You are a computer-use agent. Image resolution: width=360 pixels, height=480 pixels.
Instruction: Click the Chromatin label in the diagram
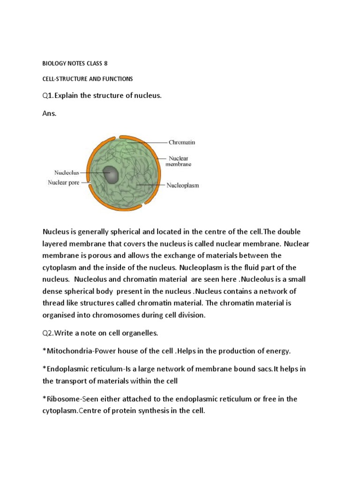(182, 142)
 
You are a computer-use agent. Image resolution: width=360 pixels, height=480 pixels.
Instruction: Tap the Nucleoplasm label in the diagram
(183, 185)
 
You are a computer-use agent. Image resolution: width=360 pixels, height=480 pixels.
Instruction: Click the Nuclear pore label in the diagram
(64, 182)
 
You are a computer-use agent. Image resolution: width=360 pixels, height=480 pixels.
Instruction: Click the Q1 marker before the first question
(46, 96)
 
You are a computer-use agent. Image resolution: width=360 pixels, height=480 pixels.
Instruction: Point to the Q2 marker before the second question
(47, 333)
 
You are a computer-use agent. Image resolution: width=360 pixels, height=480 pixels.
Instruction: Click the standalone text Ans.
(49, 113)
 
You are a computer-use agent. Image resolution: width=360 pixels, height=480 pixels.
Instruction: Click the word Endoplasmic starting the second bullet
(66, 369)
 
